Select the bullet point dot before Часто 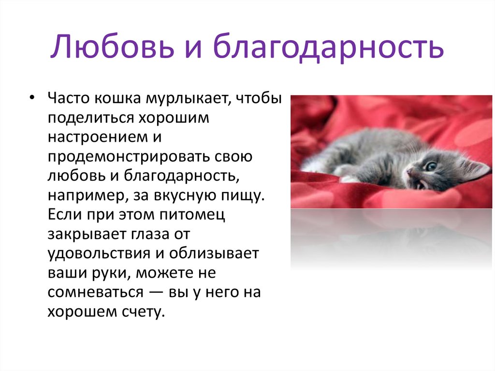tap(31, 98)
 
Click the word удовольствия tap(99, 253)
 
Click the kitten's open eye tap(430, 166)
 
